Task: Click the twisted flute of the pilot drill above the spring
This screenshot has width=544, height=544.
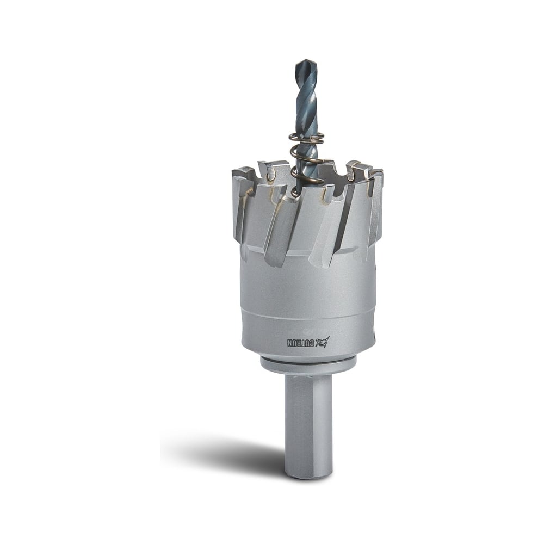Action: coord(307,97)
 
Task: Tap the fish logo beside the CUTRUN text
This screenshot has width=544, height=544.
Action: coord(323,342)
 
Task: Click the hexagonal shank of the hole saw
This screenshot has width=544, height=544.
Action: coord(308,425)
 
